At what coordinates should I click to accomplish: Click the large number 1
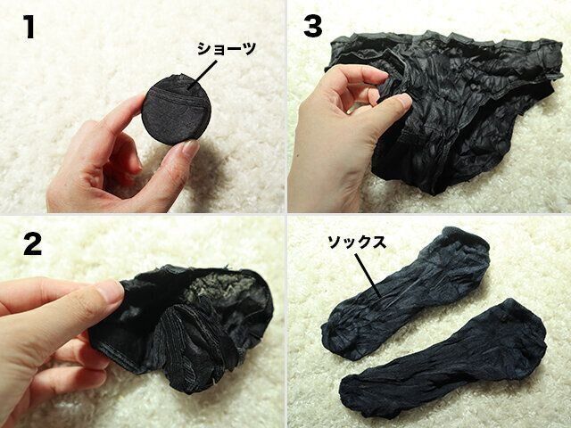click(x=29, y=27)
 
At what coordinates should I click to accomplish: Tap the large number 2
click(x=32, y=243)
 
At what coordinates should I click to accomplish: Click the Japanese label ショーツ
click(x=226, y=49)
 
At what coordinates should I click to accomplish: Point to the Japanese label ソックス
click(x=357, y=243)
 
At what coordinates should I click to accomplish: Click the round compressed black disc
click(x=177, y=109)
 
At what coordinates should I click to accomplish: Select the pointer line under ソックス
click(x=368, y=276)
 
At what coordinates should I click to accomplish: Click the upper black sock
click(x=404, y=293)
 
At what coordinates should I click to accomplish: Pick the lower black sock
click(x=443, y=358)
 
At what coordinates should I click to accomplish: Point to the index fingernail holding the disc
click(x=190, y=148)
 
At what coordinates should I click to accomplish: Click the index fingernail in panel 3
click(x=403, y=100)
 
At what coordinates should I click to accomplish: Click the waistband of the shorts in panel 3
click(x=448, y=42)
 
